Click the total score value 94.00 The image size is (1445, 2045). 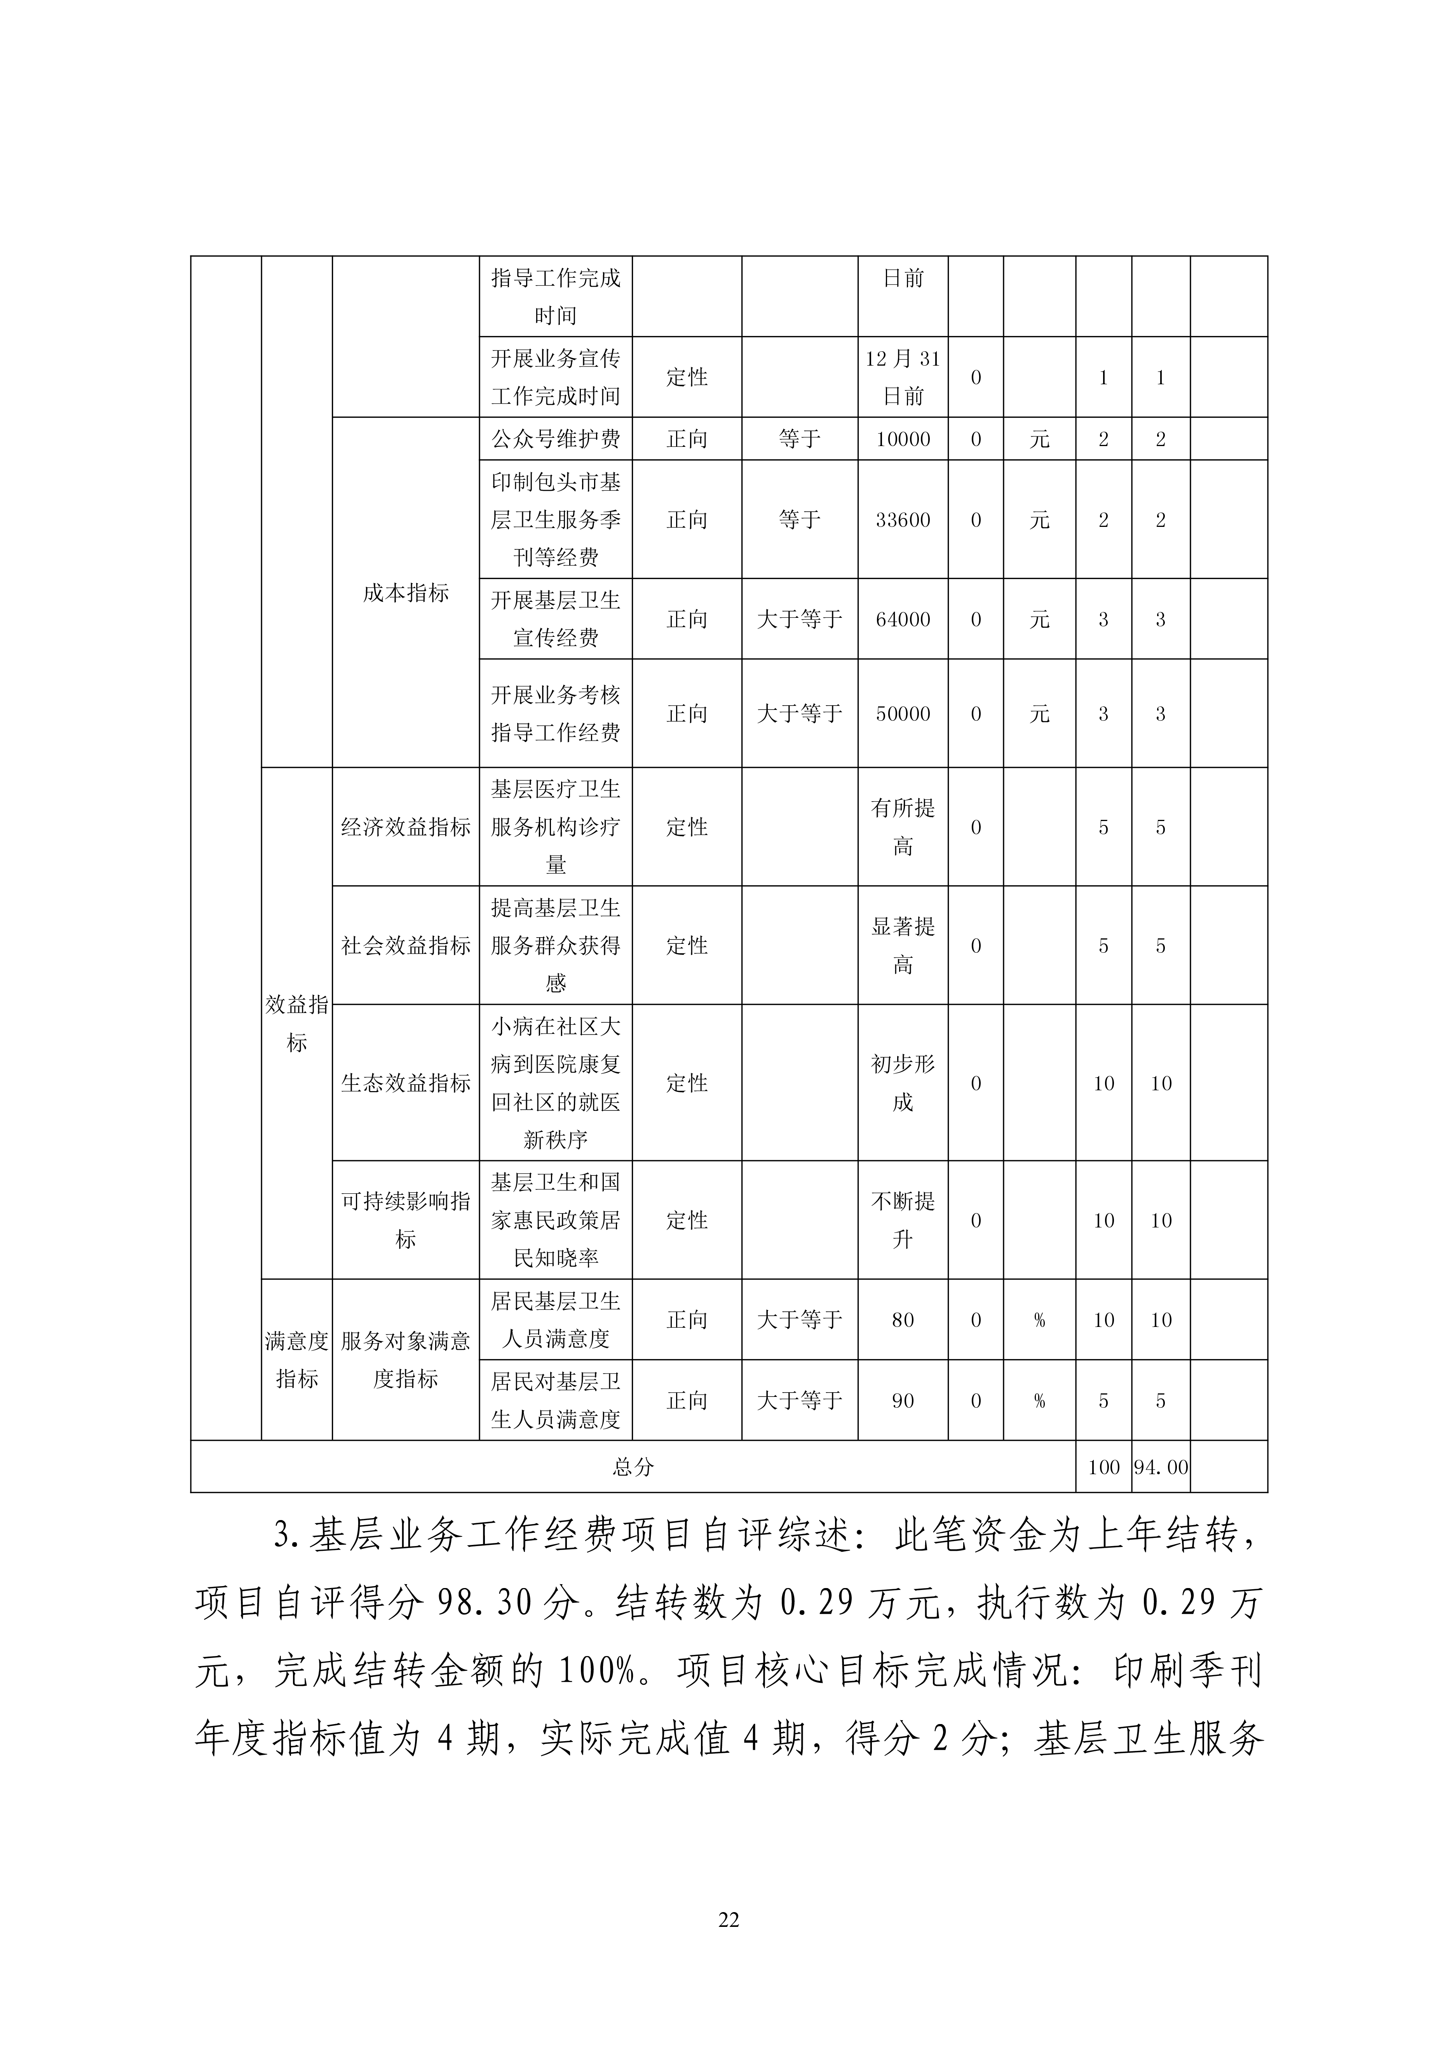1160,1467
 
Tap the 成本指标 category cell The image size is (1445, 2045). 405,592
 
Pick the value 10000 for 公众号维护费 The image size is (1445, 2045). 903,439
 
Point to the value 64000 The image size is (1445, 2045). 903,619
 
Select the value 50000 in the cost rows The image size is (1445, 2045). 903,713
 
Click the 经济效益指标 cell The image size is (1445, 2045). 405,826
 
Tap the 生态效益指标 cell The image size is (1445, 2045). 405,1083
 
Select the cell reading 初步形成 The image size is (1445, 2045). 903,1083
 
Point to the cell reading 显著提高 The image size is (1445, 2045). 903,945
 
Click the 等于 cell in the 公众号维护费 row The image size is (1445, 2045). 799,439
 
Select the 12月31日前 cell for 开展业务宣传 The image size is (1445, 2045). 903,377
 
